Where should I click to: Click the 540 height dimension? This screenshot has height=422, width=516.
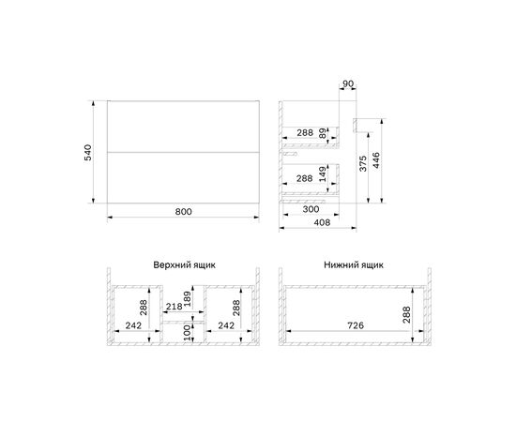88,152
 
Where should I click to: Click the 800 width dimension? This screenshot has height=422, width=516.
183,212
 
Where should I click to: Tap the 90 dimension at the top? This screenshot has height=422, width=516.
348,83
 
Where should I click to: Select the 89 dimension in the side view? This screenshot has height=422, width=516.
324,133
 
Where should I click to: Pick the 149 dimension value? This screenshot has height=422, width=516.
324,174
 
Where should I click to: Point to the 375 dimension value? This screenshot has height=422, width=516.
363,163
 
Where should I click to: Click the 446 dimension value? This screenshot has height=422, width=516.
376,160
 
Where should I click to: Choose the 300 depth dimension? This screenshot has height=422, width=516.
311,209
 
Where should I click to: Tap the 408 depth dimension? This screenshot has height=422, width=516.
322,222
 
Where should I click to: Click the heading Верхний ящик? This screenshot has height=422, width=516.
184,265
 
